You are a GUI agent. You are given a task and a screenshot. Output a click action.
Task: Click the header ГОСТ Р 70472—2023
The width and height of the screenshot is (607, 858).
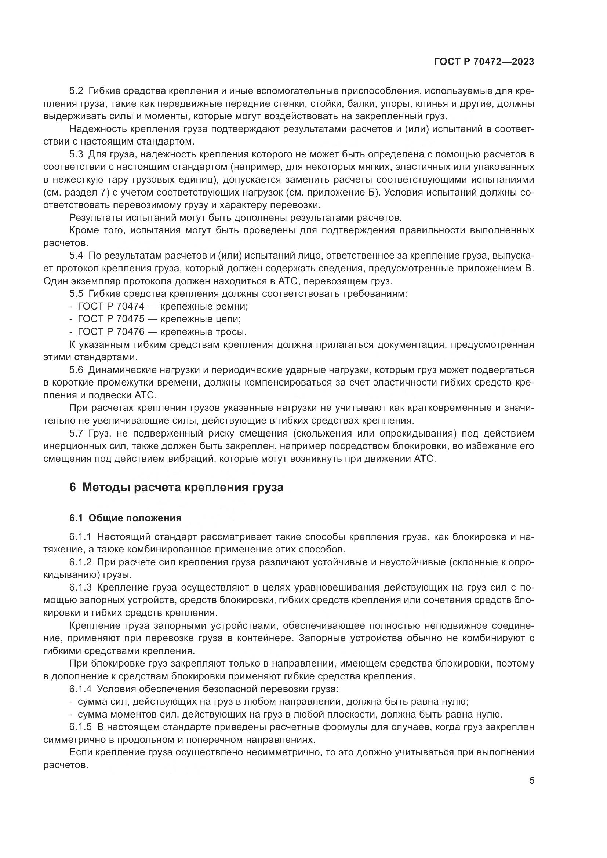pos(484,62)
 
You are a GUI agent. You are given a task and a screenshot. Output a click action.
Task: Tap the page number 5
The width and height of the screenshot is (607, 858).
pos(531,781)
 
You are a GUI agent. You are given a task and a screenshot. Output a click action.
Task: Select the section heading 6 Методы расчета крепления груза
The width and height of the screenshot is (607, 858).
pos(176,487)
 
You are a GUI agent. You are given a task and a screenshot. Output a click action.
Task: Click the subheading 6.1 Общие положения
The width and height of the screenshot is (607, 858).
pos(125,518)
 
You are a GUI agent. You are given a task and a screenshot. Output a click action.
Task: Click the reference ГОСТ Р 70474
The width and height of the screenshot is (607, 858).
pos(110,306)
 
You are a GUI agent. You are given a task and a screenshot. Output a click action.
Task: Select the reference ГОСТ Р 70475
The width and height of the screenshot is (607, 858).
pos(110,319)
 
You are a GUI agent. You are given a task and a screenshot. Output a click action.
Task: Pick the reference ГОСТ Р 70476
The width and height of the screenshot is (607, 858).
pos(110,332)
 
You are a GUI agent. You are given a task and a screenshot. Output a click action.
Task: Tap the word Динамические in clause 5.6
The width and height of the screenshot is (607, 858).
pos(122,370)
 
